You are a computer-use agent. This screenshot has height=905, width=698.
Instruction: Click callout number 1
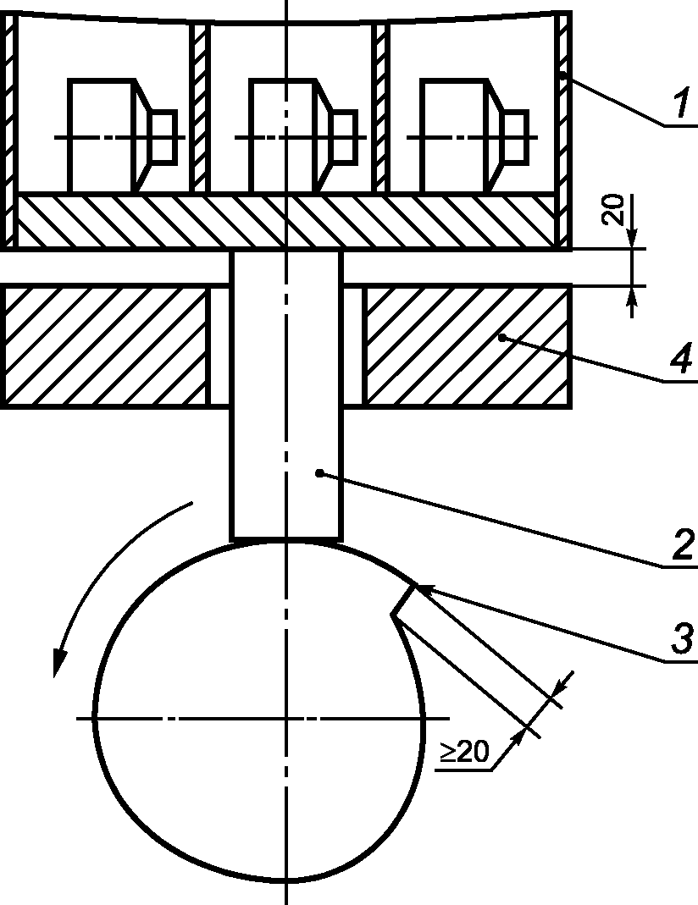(683, 102)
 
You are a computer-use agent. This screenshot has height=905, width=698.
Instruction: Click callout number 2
(683, 545)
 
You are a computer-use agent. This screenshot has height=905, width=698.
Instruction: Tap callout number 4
(682, 358)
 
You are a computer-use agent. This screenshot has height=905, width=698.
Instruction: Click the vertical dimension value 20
(615, 210)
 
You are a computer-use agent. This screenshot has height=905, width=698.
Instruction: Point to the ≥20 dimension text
(465, 752)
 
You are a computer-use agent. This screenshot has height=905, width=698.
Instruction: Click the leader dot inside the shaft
(319, 473)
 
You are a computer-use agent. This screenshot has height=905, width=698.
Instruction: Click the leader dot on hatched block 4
(502, 338)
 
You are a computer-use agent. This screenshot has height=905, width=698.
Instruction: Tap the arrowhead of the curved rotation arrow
(59, 663)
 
